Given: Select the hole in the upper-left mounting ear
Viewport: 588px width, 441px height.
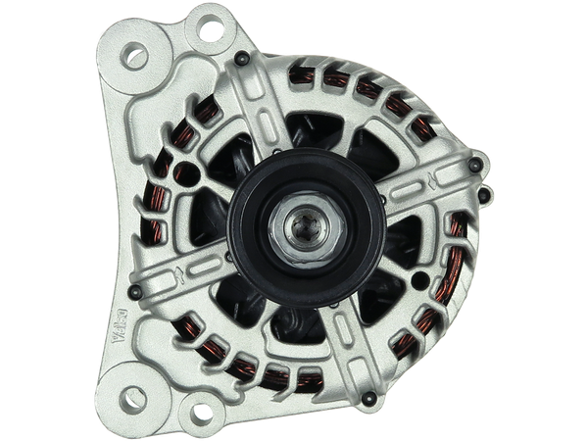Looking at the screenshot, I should [136, 56].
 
